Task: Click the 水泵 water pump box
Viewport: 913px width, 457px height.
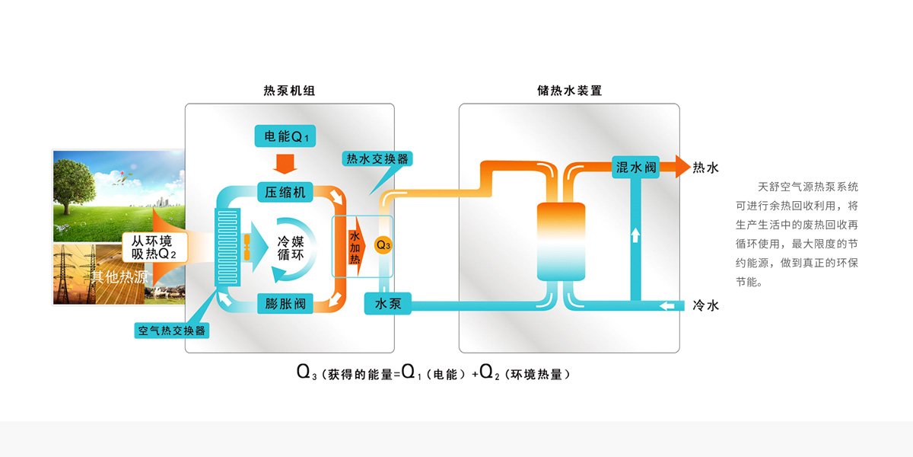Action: click(x=388, y=304)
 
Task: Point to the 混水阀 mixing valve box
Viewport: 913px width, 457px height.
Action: click(x=635, y=167)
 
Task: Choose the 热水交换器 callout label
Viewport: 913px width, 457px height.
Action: click(x=377, y=158)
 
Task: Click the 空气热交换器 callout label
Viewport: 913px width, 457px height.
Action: click(x=171, y=331)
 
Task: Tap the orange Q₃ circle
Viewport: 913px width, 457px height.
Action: click(x=383, y=245)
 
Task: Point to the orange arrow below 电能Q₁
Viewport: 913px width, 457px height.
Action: click(x=285, y=163)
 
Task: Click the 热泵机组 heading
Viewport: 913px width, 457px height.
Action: click(x=289, y=91)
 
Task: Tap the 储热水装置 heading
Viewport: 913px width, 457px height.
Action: click(x=569, y=91)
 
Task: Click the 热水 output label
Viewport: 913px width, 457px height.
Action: click(x=705, y=168)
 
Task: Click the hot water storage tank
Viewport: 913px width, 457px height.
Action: click(x=561, y=241)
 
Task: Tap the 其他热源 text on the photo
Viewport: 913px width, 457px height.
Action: click(x=119, y=276)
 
